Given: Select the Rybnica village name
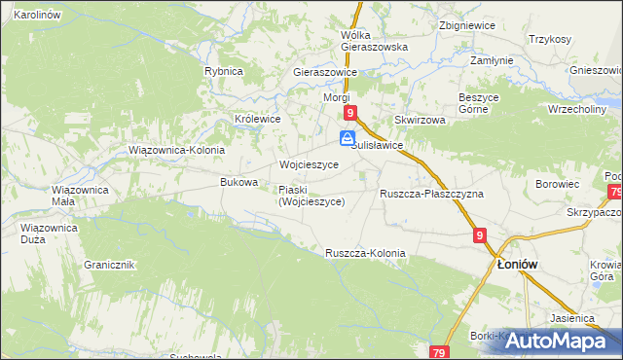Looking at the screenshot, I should click(x=223, y=71).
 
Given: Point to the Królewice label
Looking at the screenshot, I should click(x=258, y=119).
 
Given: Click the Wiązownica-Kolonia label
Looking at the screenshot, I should click(x=177, y=150).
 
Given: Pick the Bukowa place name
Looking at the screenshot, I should click(x=239, y=182).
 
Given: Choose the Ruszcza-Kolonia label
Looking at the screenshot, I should click(x=365, y=253).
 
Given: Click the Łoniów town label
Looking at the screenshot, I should click(x=518, y=264).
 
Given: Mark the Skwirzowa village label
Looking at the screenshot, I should click(x=420, y=120).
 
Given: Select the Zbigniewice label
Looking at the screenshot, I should click(x=462, y=24).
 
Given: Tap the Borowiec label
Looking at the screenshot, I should click(x=558, y=183).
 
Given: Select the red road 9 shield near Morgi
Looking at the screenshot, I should click(x=351, y=113).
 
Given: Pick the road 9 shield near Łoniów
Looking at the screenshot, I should click(x=481, y=235).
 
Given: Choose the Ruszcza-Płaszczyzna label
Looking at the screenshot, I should click(x=431, y=194).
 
